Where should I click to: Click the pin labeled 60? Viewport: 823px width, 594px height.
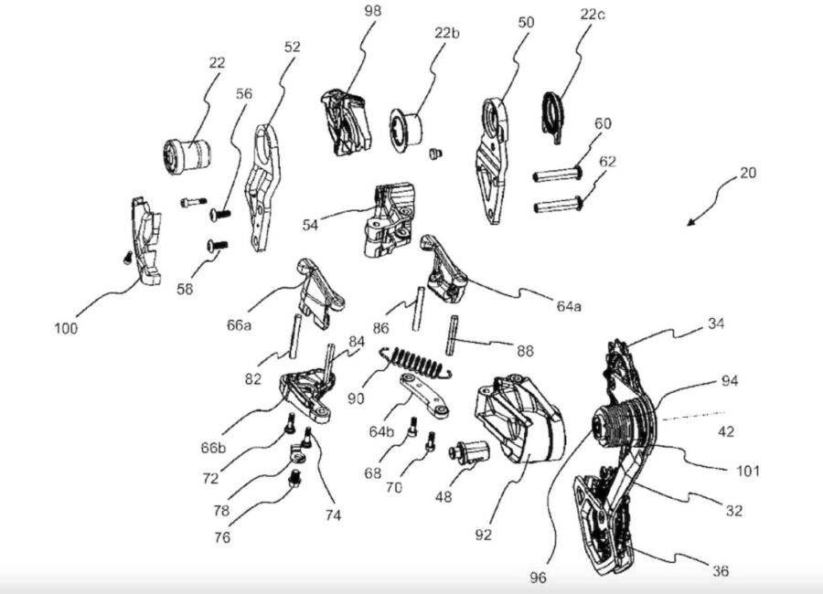pos(559,173)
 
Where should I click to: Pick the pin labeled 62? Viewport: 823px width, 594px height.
pos(559,203)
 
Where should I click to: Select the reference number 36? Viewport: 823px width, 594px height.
pos(720,571)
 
